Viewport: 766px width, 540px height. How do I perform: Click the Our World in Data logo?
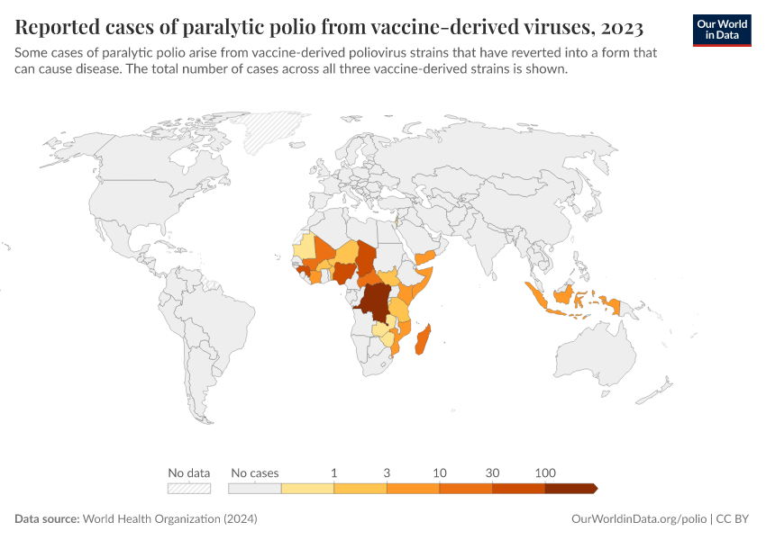[x=721, y=30]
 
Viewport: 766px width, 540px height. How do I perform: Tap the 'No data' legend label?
[x=188, y=472]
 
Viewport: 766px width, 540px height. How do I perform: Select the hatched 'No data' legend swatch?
[x=188, y=488]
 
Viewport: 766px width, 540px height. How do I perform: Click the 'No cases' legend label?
[x=255, y=472]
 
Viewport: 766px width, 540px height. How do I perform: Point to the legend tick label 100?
[x=544, y=472]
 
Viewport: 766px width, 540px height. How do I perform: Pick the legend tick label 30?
[x=492, y=472]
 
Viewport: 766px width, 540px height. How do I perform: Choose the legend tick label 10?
[x=440, y=472]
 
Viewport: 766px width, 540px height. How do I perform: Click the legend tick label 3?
[x=387, y=472]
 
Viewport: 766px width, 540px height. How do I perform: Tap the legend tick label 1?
[x=334, y=472]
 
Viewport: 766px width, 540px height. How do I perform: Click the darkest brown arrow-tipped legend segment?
[x=570, y=488]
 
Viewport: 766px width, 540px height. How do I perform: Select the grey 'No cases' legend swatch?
[x=255, y=488]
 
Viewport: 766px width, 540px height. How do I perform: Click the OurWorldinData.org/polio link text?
[x=638, y=519]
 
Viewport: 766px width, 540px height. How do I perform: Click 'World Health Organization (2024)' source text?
[x=169, y=519]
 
